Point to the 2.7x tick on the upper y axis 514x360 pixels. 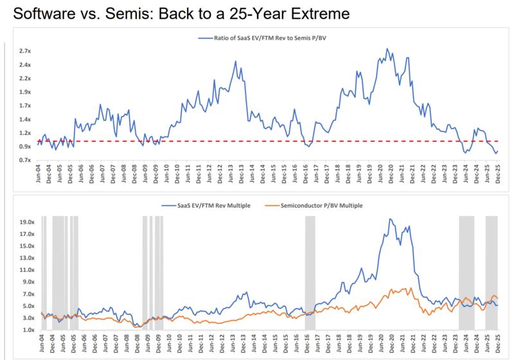pos(24,51)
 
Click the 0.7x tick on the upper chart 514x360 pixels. pos(24,159)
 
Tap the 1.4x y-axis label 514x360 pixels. pos(24,119)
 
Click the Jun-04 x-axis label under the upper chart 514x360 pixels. pos(40,175)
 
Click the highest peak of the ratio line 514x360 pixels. pos(387,49)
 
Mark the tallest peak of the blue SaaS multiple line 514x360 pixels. pos(391,219)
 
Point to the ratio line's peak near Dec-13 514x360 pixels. pos(236,61)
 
